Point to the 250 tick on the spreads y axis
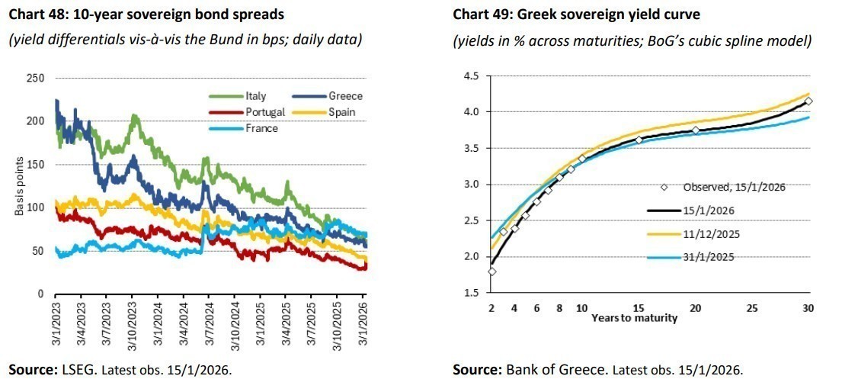pyautogui.click(x=35, y=79)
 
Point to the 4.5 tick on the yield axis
pyautogui.click(x=471, y=76)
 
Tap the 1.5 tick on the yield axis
pyautogui.click(x=471, y=293)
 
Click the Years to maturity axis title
pyautogui.click(x=634, y=318)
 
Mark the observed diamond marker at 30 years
pyautogui.click(x=808, y=101)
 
